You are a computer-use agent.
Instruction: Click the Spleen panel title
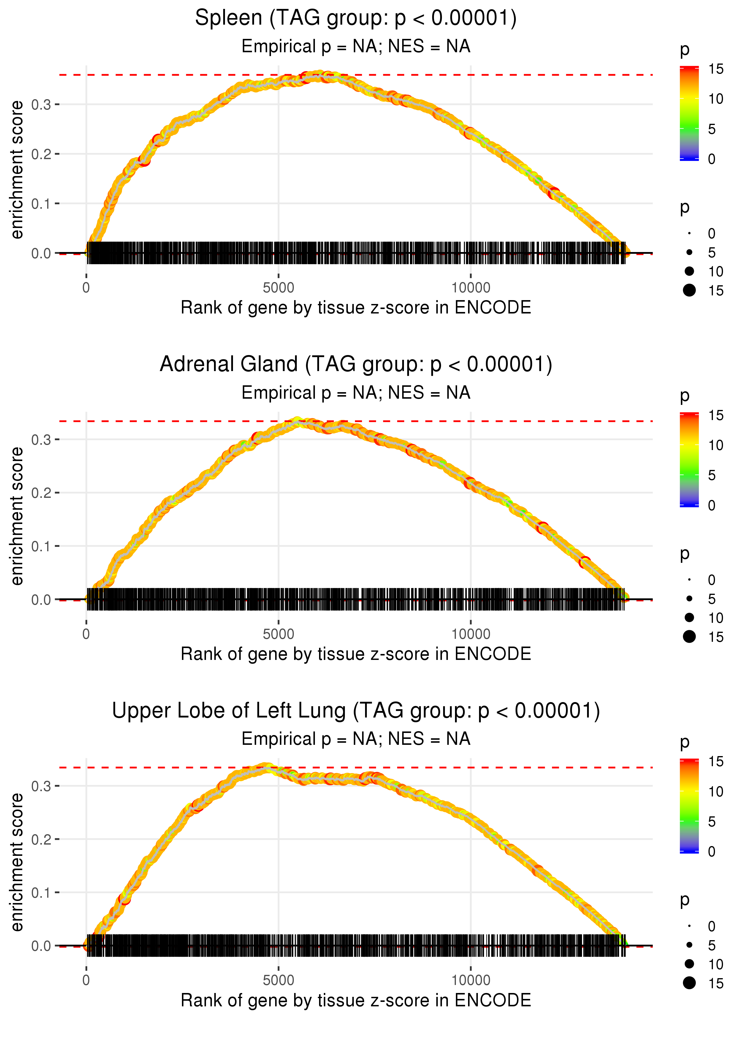tap(356, 18)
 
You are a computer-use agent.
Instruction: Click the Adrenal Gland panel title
tap(356, 365)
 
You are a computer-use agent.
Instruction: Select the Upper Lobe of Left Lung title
tap(356, 711)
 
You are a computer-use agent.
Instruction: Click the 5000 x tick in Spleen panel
tap(278, 288)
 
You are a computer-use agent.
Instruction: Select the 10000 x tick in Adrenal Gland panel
tap(471, 634)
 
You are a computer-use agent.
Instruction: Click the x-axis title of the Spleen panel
tap(356, 308)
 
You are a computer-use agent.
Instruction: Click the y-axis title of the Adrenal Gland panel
tap(17, 516)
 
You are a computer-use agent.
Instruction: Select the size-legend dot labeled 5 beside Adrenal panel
tap(689, 598)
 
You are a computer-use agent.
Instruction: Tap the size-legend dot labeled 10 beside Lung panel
tap(689, 964)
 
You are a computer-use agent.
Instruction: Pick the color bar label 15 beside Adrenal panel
tap(716, 415)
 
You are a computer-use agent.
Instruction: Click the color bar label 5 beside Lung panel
tap(711, 821)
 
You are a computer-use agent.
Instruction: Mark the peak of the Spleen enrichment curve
tap(320, 75)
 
